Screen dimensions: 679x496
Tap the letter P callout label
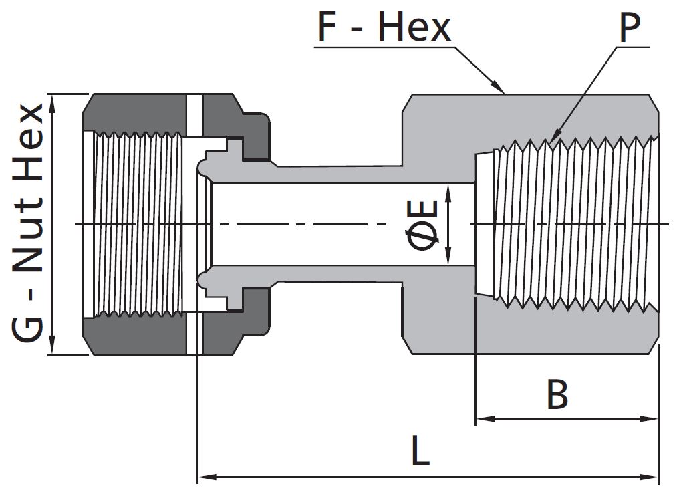tap(630, 27)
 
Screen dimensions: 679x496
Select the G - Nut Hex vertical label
tap(27, 223)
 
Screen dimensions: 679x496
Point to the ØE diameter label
tap(422, 225)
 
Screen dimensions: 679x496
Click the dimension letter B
tap(557, 394)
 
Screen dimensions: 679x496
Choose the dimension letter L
tap(420, 451)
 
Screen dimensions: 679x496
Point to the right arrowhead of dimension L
tap(649, 477)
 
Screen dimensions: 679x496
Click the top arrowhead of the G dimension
tap(52, 104)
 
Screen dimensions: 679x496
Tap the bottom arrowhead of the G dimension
tap(52, 344)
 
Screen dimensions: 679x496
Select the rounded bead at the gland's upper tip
tap(202, 168)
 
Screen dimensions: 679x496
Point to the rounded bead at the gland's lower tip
tap(202, 280)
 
